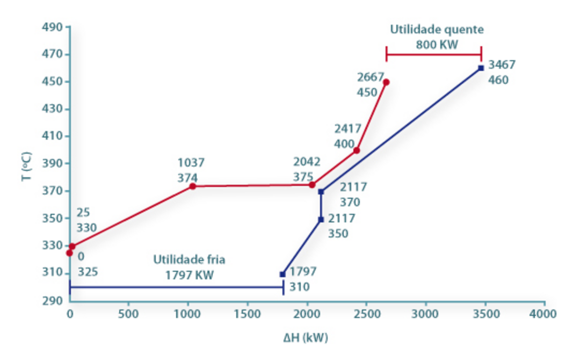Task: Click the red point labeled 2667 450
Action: click(x=386, y=82)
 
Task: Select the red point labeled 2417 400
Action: click(x=357, y=150)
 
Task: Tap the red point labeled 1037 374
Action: click(x=192, y=186)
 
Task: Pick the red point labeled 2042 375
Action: click(x=312, y=185)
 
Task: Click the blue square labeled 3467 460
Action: click(x=481, y=68)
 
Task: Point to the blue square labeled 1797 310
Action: click(x=282, y=275)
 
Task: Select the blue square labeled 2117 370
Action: click(x=321, y=192)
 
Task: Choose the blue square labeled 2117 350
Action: click(x=321, y=219)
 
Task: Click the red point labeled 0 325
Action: click(x=69, y=252)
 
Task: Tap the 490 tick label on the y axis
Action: click(x=52, y=27)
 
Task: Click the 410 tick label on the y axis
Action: click(x=52, y=136)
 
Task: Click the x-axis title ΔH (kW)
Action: click(x=306, y=338)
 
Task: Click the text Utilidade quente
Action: click(x=437, y=29)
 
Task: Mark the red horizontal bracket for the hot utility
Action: click(x=433, y=54)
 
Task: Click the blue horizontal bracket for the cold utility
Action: click(x=176, y=287)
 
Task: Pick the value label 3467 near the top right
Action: click(x=502, y=65)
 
